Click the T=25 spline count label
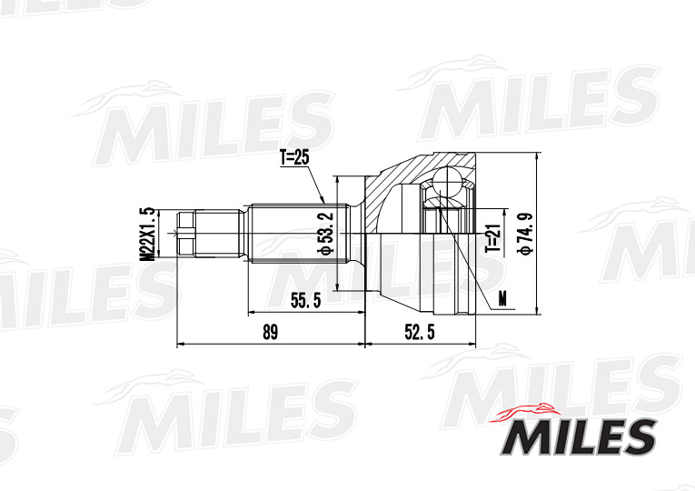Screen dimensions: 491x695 pyautogui.click(x=294, y=157)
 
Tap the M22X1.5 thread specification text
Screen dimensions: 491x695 pyautogui.click(x=145, y=234)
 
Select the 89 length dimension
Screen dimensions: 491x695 pyautogui.click(x=270, y=332)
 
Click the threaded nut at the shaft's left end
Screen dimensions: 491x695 pyautogui.click(x=187, y=233)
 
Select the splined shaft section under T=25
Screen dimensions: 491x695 pyautogui.click(x=291, y=233)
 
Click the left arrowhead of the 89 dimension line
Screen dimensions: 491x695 pyautogui.click(x=180, y=345)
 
